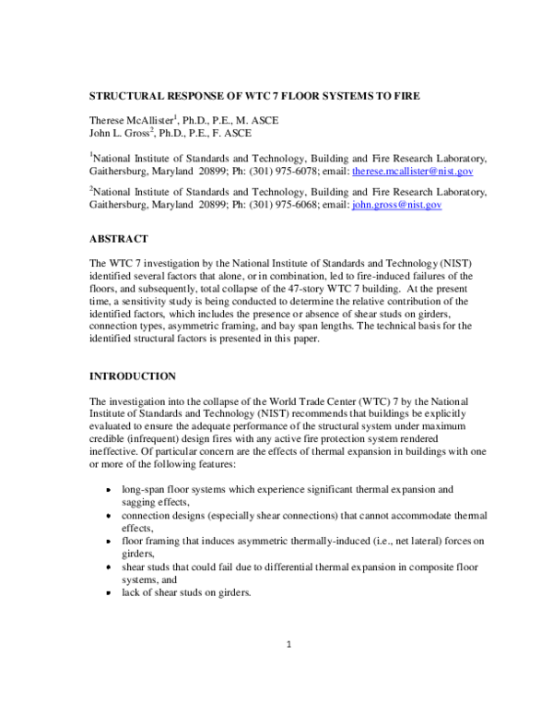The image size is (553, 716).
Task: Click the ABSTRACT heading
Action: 120,238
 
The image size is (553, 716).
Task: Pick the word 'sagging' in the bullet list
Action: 140,502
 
